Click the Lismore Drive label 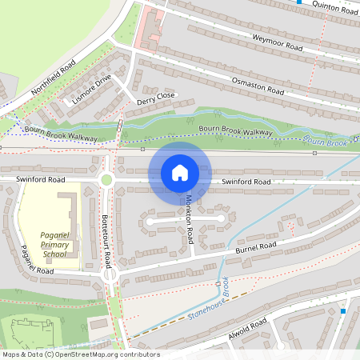click(x=92, y=91)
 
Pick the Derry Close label click(x=155, y=98)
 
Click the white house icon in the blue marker click(x=180, y=172)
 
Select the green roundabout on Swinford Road click(x=106, y=179)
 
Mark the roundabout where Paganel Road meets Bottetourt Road click(x=110, y=274)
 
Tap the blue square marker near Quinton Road click(x=299, y=2)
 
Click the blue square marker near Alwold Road click(x=343, y=310)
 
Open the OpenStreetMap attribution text click(x=81, y=354)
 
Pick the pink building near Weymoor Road click(x=150, y=28)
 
